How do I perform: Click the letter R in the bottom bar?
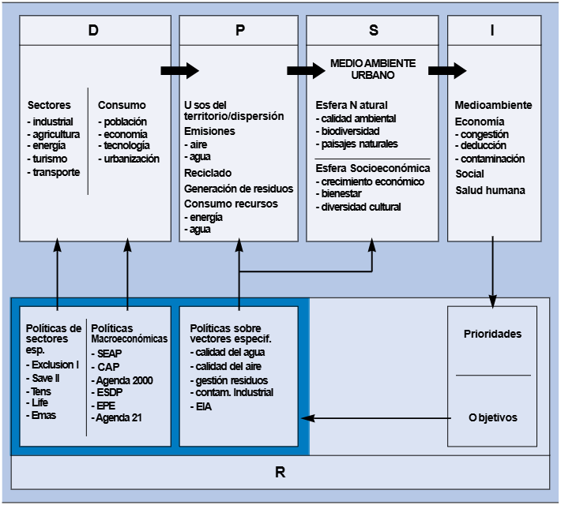(280, 473)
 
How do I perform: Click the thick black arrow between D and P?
(179, 70)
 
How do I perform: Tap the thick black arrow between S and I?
(447, 70)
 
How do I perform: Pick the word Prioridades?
(492, 334)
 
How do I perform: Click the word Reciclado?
(208, 173)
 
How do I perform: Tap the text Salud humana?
(490, 190)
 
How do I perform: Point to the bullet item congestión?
(484, 134)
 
